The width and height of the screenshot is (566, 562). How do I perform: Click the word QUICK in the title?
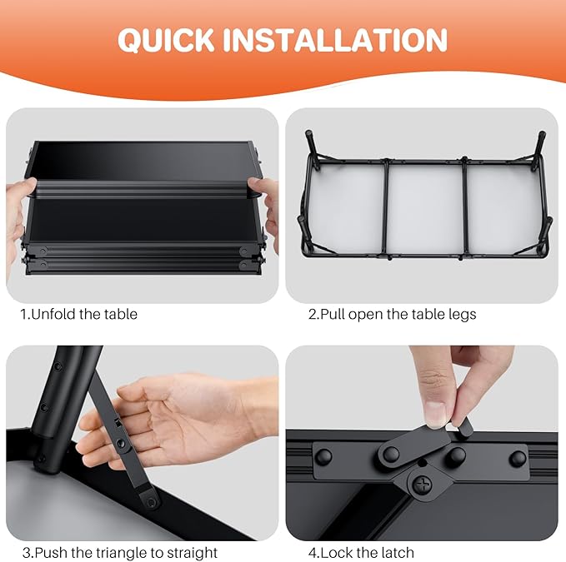[x=166, y=40]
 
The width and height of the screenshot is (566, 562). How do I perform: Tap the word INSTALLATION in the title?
[x=335, y=40]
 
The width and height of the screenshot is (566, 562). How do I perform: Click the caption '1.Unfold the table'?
[x=79, y=314]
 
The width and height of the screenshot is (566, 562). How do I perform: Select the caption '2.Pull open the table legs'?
[x=392, y=315]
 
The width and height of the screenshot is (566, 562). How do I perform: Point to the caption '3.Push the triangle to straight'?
[x=120, y=552]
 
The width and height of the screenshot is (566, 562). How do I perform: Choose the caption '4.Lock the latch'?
[x=361, y=552]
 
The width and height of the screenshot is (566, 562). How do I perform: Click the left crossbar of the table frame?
[x=385, y=208]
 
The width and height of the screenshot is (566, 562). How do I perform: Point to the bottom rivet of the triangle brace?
[x=152, y=501]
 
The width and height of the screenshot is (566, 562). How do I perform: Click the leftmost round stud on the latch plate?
[x=323, y=457]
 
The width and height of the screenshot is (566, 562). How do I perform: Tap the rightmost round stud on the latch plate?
[x=518, y=458]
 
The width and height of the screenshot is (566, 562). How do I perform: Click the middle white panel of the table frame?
[x=425, y=210]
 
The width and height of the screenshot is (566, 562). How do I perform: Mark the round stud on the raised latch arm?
[x=391, y=454]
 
